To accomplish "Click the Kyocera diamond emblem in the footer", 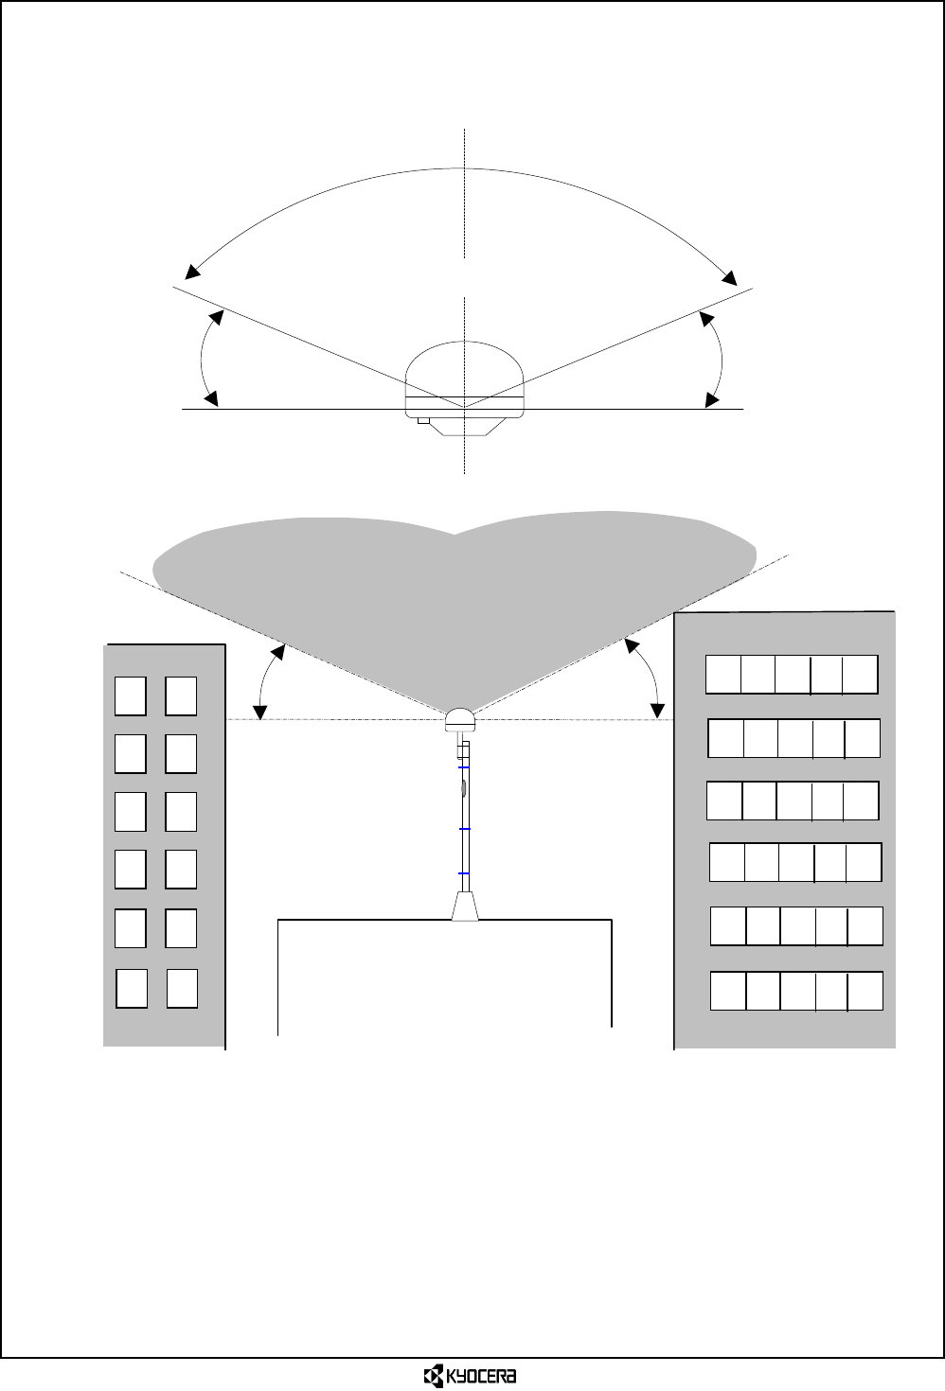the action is pos(433,1375).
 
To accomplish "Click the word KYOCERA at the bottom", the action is pos(488,1375).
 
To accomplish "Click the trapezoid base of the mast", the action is pos(464,906).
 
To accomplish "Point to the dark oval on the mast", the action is pos(464,786).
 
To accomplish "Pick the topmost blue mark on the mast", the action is pos(464,767).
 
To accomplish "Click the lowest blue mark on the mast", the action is pos(464,872).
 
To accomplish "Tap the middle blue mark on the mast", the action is pos(464,828).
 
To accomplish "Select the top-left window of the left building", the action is pos(131,695).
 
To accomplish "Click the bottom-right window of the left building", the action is pos(182,988).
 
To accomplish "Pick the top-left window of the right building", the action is pos(723,674).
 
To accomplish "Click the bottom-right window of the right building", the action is pos(865,990).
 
